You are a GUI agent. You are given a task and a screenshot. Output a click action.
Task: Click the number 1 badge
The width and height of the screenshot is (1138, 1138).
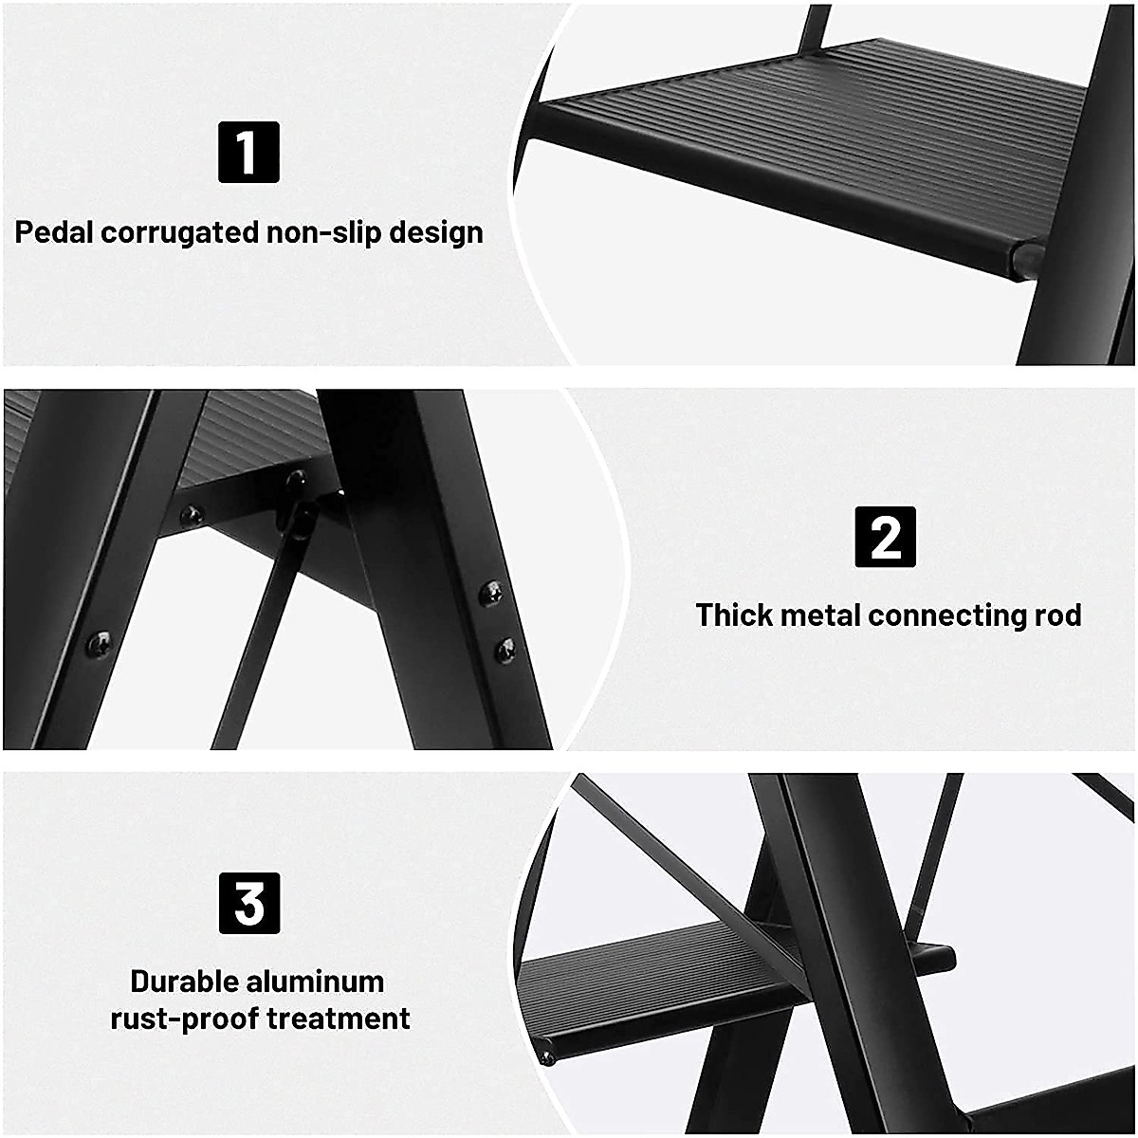248,152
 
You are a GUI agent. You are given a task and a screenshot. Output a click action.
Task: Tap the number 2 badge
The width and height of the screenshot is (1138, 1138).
886,537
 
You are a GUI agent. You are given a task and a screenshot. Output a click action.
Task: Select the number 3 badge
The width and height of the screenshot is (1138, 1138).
249,903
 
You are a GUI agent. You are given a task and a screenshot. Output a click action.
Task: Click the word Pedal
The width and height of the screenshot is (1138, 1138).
54,232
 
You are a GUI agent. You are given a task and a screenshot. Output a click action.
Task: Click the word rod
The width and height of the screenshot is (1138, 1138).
1057,615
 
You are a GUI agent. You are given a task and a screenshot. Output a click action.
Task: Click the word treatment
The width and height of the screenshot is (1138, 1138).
339,1019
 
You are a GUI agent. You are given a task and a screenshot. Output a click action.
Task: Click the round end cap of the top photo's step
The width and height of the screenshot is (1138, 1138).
1025,257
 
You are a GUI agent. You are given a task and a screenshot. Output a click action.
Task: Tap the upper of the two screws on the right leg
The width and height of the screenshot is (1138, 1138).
491,594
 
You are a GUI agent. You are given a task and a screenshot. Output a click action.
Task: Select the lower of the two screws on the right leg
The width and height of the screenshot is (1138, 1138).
505,650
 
